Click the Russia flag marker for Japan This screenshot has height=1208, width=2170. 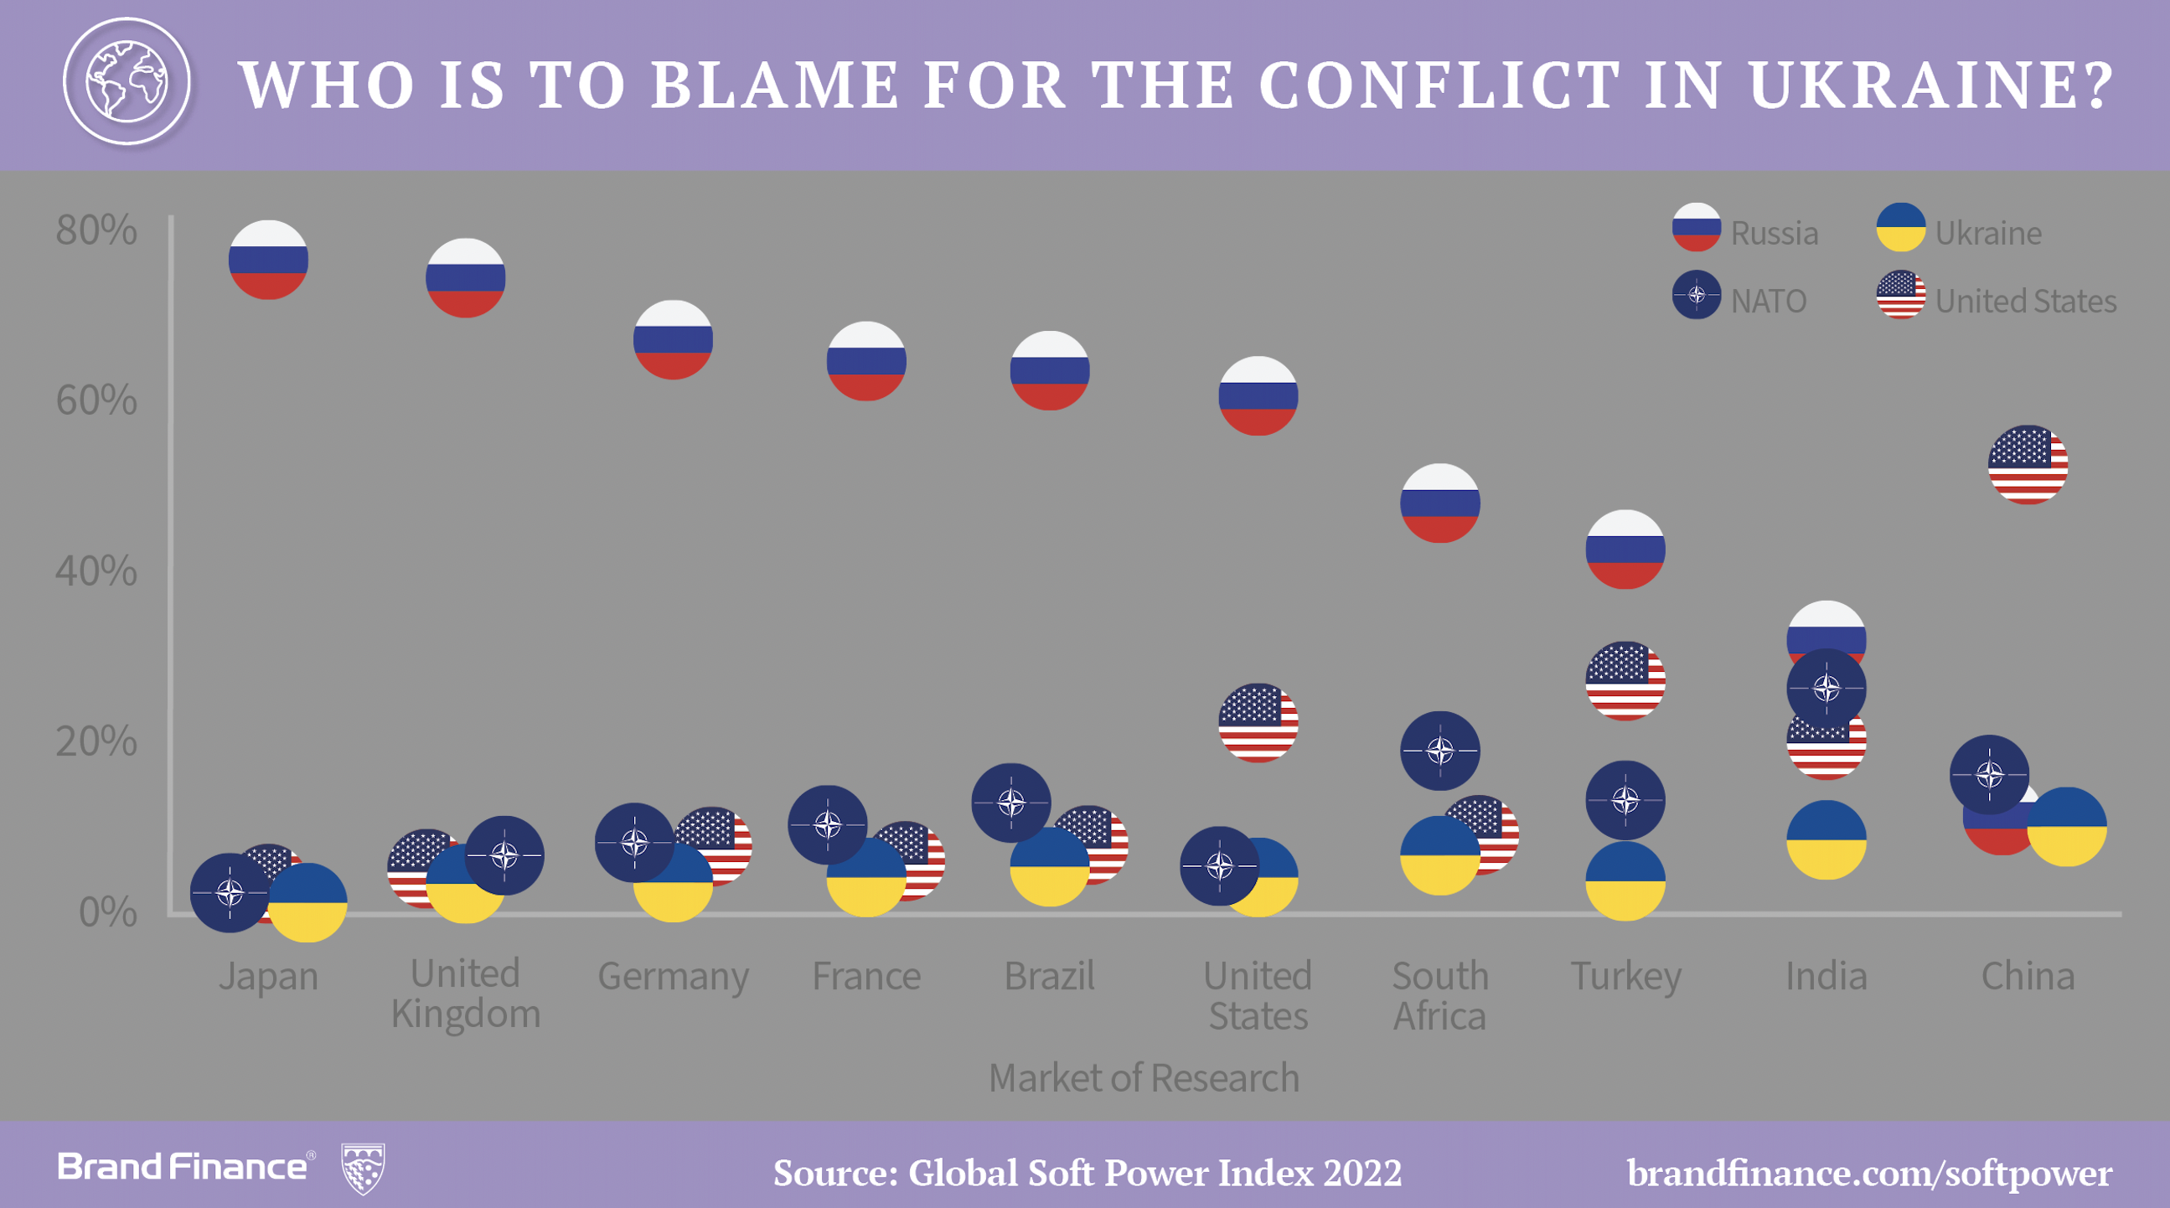(268, 260)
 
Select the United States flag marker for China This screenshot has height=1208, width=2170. (2027, 465)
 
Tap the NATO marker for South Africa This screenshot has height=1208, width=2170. (1439, 751)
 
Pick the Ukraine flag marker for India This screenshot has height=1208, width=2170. (1826, 840)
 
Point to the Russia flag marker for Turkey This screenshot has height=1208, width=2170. (1625, 550)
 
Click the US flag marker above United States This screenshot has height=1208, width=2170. (1258, 723)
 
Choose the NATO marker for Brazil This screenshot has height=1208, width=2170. (1011, 803)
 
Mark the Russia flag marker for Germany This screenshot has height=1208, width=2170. (672, 339)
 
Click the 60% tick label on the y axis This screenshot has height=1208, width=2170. (96, 400)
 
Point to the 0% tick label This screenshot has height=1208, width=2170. (107, 911)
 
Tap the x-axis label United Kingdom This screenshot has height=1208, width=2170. (465, 994)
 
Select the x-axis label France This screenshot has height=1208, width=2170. (866, 975)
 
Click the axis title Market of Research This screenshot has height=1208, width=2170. (1143, 1077)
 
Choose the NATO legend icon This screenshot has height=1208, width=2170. (1696, 295)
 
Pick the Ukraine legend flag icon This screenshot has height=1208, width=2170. (1900, 228)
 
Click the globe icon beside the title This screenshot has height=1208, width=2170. (127, 82)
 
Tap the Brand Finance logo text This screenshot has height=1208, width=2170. (183, 1167)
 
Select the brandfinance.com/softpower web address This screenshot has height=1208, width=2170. (1868, 1173)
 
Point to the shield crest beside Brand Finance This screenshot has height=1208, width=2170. (362, 1168)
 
